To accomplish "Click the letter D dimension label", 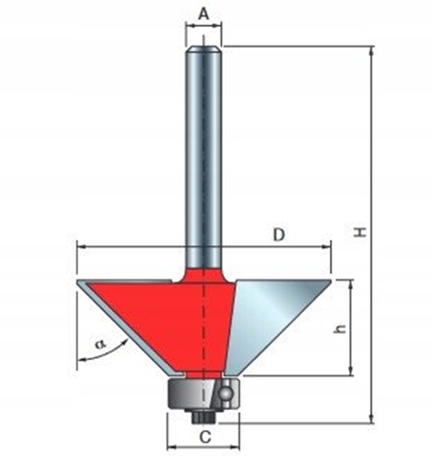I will coord(278,235).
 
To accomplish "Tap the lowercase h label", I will coord(338,328).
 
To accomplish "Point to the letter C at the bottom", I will coord(203,437).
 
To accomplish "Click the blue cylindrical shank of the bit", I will coord(204,153).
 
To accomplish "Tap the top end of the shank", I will coord(204,48).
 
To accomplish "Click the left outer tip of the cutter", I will coord(77,281).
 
